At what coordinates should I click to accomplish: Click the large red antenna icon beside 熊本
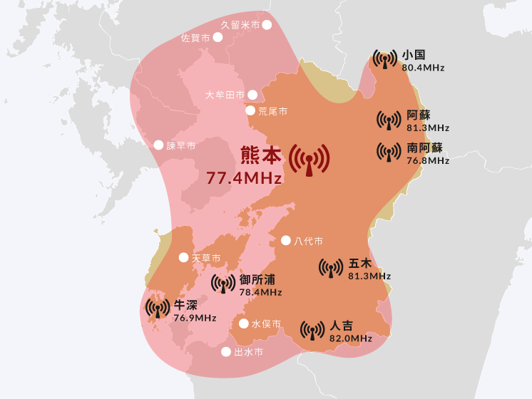tap(310, 162)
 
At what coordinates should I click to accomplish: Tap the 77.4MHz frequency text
tap(244, 178)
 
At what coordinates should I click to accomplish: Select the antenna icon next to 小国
tap(385, 60)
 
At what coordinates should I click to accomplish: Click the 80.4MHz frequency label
tap(423, 68)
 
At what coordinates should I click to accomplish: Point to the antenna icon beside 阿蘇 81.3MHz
tap(389, 120)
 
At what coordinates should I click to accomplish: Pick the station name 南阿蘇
tap(425, 148)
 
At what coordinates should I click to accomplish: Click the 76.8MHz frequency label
tap(428, 161)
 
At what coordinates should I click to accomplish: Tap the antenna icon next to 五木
tap(331, 268)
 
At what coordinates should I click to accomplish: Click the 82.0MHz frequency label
tap(351, 338)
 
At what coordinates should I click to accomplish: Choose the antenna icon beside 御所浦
tap(223, 284)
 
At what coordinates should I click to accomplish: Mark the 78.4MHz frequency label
tap(261, 292)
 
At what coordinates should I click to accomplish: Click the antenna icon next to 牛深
tap(158, 309)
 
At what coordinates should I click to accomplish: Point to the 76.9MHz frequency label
tap(195, 318)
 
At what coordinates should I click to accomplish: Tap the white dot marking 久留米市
tap(267, 25)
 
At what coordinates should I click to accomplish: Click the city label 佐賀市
tap(195, 37)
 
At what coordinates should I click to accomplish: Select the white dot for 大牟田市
tap(252, 95)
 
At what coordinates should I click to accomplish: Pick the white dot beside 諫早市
tap(159, 145)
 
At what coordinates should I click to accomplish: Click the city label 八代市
tap(309, 241)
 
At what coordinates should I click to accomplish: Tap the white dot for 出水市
tap(226, 352)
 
